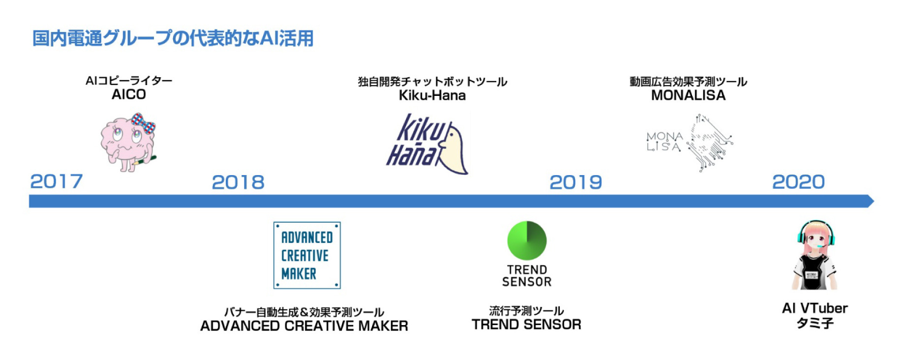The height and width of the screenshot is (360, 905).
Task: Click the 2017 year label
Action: (57, 181)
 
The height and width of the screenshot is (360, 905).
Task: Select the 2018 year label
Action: (238, 182)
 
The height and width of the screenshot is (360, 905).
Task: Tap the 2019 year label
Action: (575, 182)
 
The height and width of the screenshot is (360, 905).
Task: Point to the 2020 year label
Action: (798, 182)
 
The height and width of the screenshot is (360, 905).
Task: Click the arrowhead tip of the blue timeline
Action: (874, 201)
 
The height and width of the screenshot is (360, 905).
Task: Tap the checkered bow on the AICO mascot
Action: (143, 123)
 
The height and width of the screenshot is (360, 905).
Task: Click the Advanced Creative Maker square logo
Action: (307, 255)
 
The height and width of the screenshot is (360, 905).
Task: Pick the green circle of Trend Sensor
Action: (527, 240)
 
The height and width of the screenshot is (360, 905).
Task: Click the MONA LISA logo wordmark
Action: (664, 141)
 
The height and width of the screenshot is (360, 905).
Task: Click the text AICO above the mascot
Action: (129, 94)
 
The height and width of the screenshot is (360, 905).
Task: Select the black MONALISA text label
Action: (688, 95)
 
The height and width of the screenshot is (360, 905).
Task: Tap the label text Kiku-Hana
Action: (432, 95)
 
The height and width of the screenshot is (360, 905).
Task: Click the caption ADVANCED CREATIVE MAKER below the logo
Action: (304, 326)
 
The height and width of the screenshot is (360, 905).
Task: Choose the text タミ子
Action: (814, 323)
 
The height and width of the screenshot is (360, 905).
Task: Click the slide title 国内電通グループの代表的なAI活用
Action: (173, 38)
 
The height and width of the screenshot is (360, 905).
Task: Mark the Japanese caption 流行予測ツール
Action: (526, 311)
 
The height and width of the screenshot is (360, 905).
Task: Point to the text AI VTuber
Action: (814, 308)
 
